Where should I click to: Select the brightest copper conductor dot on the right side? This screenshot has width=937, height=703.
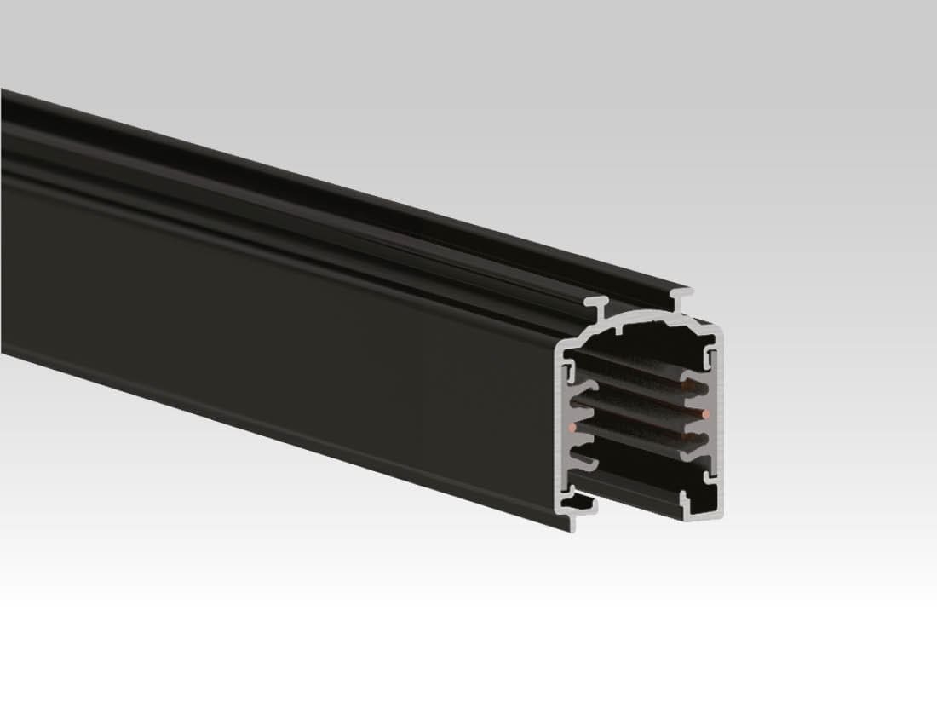click(x=706, y=414)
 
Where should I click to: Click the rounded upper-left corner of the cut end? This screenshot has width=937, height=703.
click(x=565, y=343)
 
